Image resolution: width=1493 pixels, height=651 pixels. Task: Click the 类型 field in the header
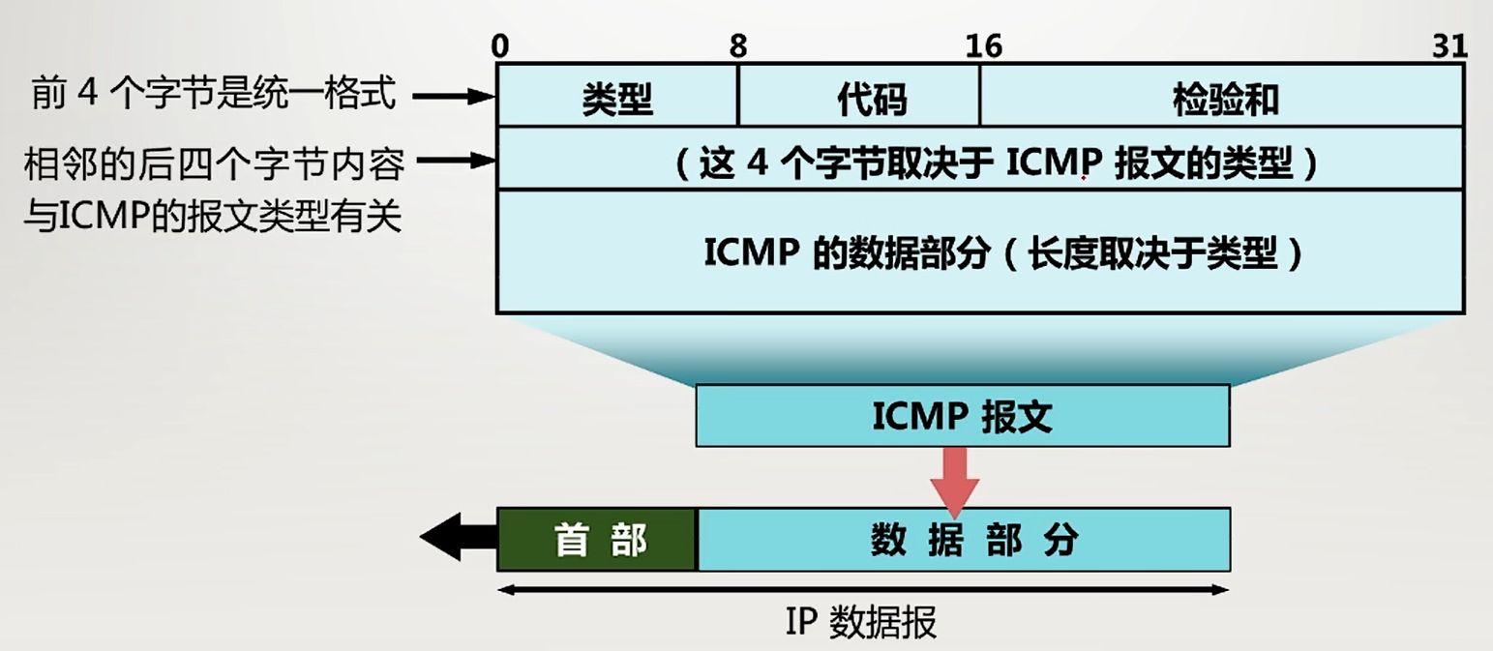(617, 98)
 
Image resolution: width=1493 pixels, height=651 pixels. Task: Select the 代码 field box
(859, 98)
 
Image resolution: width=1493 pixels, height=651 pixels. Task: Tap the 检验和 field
(1221, 98)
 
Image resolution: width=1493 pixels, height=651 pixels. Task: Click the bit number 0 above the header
(499, 45)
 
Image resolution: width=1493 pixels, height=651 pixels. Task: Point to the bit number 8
(738, 45)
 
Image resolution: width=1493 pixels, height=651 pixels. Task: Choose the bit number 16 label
(983, 45)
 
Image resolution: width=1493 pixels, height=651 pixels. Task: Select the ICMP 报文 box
(962, 416)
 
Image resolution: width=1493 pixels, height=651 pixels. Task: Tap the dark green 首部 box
(598, 539)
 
